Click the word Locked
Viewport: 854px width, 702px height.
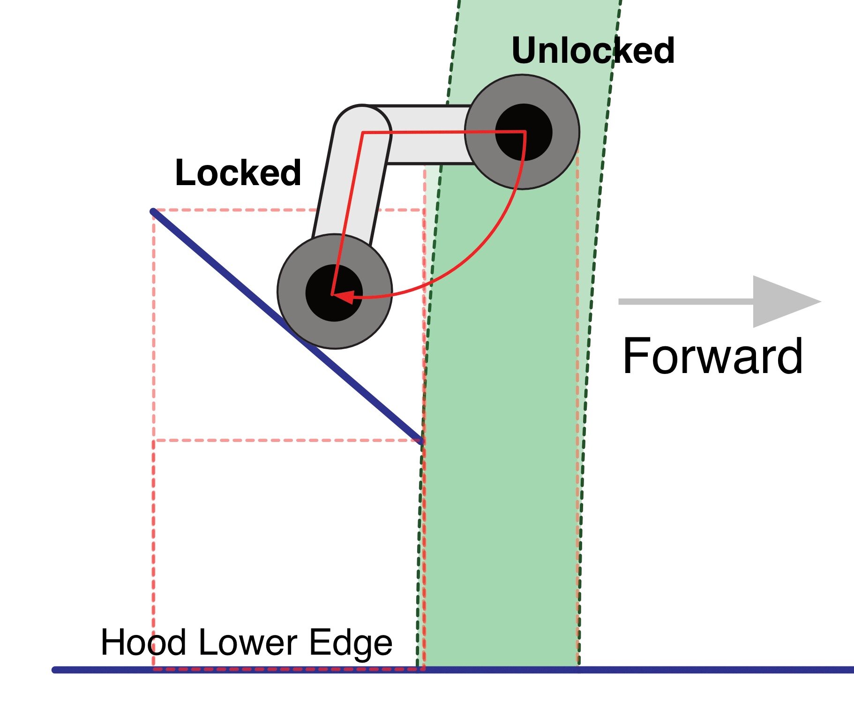pyautogui.click(x=238, y=173)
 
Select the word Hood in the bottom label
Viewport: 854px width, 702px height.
pyautogui.click(x=143, y=642)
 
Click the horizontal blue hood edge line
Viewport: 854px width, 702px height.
pyautogui.click(x=703, y=670)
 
